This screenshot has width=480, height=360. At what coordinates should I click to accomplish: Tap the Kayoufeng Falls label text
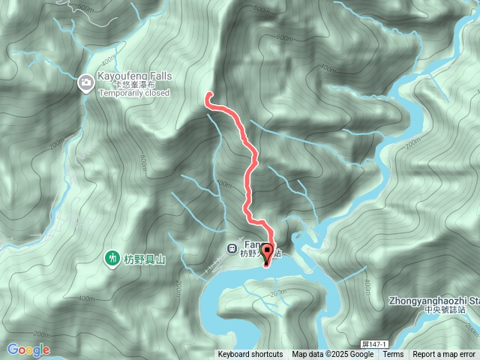[x=134, y=76]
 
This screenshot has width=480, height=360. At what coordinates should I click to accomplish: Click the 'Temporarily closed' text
[x=133, y=94]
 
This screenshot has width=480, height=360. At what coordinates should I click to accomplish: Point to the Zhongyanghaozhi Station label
[x=434, y=300]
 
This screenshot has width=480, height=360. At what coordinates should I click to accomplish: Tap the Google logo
[x=28, y=349]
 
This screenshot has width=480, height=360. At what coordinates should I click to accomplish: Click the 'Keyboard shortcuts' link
[x=250, y=355]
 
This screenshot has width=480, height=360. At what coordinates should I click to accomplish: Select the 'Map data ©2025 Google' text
[x=332, y=355]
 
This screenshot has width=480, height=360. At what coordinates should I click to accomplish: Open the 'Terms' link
[x=393, y=355]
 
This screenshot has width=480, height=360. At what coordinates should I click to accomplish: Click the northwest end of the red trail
[x=208, y=94]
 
